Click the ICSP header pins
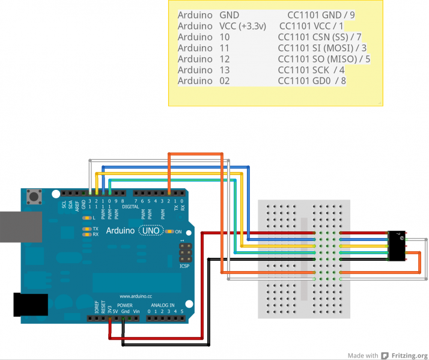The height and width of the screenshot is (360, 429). pyautogui.click(x=184, y=251)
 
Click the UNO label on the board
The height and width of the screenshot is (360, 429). pyautogui.click(x=150, y=231)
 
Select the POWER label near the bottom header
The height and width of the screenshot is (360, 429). pyautogui.click(x=124, y=305)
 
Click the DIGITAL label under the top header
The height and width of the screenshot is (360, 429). pyautogui.click(x=130, y=206)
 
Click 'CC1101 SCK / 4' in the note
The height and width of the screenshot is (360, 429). pyautogui.click(x=311, y=70)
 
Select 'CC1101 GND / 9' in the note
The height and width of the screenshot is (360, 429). pyautogui.click(x=321, y=15)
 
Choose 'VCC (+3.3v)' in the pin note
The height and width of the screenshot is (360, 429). pyautogui.click(x=245, y=26)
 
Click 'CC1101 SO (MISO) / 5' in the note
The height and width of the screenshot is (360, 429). pyautogui.click(x=324, y=59)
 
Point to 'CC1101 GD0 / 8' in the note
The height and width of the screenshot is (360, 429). pyautogui.click(x=312, y=81)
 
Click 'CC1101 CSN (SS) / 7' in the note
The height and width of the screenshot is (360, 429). pyautogui.click(x=319, y=37)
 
